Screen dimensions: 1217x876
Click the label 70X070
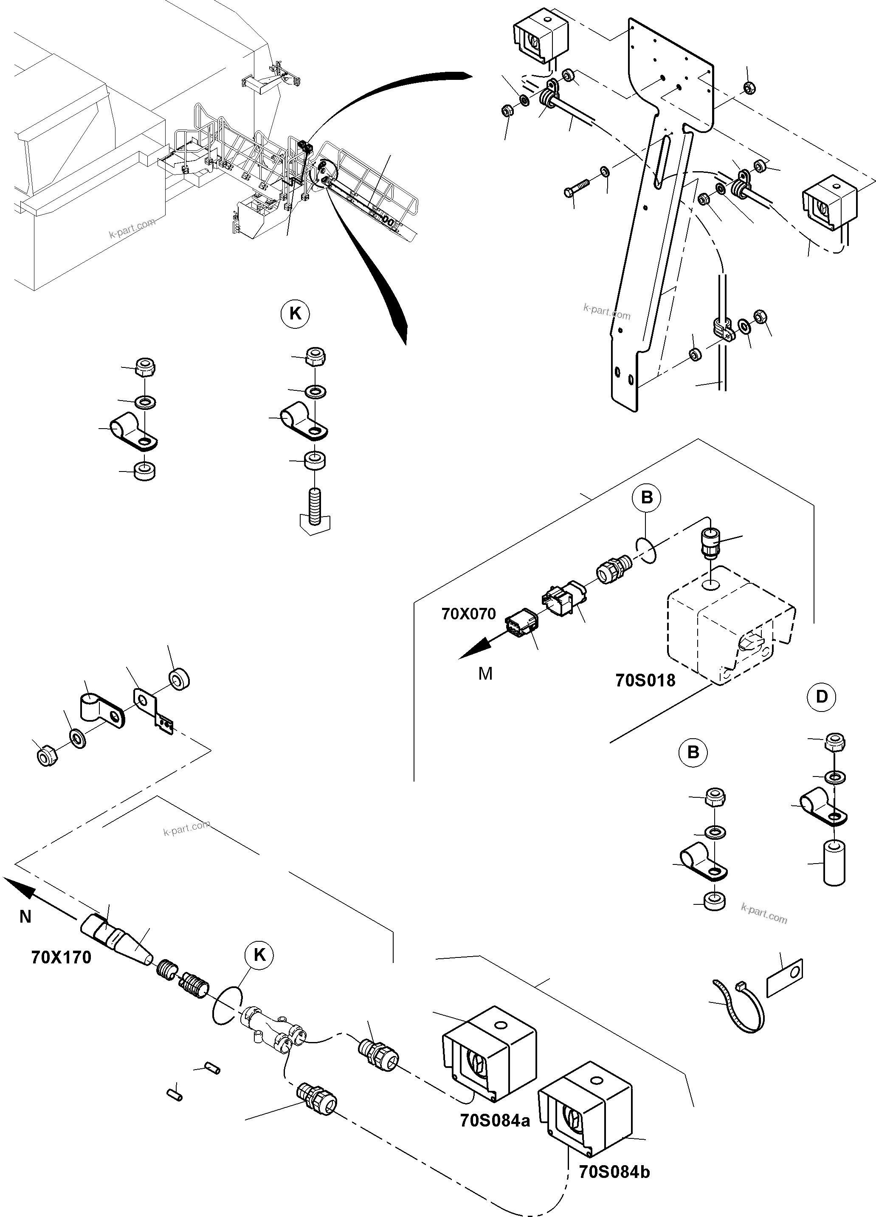[468, 614]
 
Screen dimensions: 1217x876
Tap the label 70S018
[645, 681]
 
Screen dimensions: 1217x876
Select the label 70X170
[61, 957]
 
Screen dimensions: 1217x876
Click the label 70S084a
[495, 1121]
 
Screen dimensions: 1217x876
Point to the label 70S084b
[614, 1172]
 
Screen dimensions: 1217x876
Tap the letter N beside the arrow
[25, 917]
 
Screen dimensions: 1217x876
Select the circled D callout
[821, 697]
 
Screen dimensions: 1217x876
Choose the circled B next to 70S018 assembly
[646, 497]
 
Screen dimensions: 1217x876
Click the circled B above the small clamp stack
[693, 752]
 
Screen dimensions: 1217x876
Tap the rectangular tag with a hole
[785, 978]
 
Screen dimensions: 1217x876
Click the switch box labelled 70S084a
[489, 1052]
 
